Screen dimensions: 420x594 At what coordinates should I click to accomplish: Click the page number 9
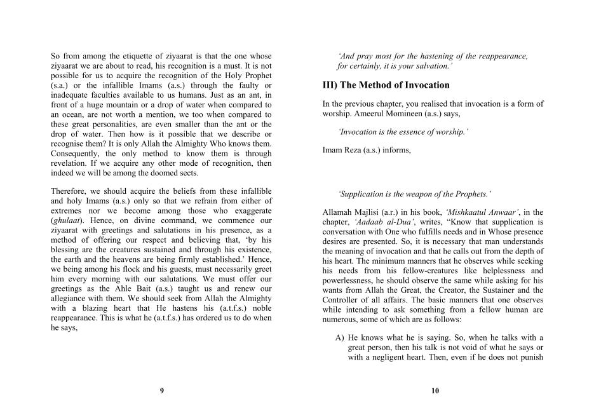pos(161,391)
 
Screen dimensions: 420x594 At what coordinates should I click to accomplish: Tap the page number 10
pos(435,391)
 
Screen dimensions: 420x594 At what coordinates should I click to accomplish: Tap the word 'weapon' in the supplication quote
pos(417,194)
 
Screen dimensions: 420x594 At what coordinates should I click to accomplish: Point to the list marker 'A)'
pos(340,337)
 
